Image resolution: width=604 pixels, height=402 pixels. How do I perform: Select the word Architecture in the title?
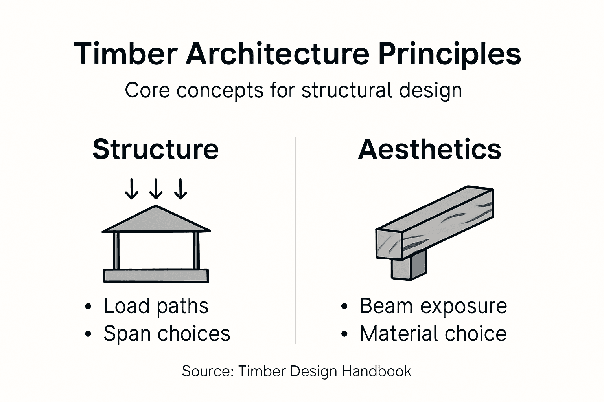[x=277, y=54]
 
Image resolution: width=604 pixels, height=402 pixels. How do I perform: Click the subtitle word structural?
[x=347, y=90]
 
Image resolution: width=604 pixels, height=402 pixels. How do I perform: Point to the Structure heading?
[x=155, y=149]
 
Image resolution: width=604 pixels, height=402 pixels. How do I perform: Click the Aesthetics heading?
[x=429, y=149]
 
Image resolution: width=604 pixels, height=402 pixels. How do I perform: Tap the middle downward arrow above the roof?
[x=156, y=189]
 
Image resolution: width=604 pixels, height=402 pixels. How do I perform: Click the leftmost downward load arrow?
[x=131, y=189]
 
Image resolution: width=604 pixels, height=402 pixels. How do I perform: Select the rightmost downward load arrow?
[x=181, y=189]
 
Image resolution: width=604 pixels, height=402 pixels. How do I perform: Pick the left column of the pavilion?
[x=116, y=250]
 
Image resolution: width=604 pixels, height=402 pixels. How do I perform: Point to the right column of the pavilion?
[x=196, y=250]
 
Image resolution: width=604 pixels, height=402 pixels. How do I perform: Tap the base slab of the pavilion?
[x=156, y=276]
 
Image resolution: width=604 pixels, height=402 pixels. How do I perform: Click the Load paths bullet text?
[x=156, y=306]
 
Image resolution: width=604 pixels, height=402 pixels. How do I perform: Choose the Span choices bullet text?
[x=167, y=334]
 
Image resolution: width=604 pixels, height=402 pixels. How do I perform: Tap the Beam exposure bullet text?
[x=433, y=306]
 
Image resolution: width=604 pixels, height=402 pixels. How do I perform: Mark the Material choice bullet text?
[x=433, y=334]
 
